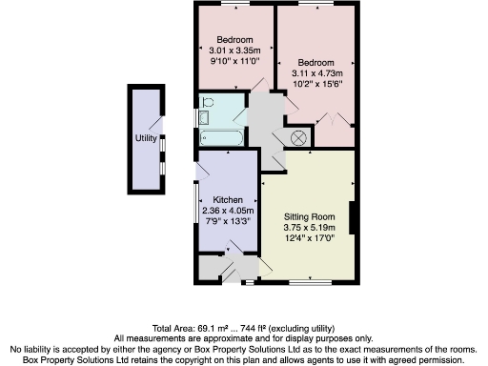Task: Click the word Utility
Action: (x=146, y=138)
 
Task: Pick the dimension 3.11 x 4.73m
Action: (x=315, y=72)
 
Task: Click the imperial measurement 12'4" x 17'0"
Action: (x=310, y=238)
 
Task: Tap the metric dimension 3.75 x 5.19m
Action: (x=310, y=228)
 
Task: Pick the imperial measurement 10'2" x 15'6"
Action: (x=315, y=83)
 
